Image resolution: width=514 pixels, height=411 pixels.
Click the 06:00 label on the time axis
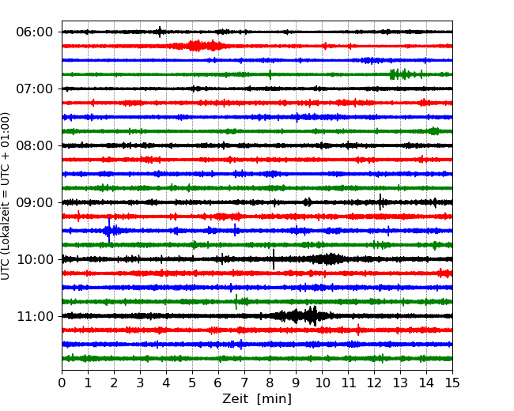coord(34,32)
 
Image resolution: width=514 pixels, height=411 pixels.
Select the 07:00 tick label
coord(34,89)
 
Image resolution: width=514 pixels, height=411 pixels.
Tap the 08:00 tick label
coord(34,145)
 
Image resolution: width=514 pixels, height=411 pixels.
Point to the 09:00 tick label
coord(34,202)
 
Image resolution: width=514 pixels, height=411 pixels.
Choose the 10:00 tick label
coord(34,259)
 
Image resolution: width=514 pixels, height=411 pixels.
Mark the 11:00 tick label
coord(34,316)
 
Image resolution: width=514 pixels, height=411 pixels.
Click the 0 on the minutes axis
coord(62,383)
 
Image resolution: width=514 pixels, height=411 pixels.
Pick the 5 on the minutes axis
coord(192,383)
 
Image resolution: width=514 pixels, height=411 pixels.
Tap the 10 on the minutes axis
coord(322,383)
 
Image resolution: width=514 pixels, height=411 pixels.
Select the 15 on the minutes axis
coord(452,383)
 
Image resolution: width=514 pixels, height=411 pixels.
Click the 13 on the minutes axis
coord(400,383)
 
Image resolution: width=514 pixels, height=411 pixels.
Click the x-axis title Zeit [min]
coord(257,399)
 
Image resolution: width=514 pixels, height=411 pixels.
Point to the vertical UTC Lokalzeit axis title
coord(6,196)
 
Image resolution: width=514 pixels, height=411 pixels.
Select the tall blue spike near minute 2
coord(109,231)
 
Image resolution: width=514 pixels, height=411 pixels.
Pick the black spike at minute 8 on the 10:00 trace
coord(274,259)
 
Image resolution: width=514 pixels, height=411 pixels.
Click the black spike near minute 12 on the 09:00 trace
coord(380,202)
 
